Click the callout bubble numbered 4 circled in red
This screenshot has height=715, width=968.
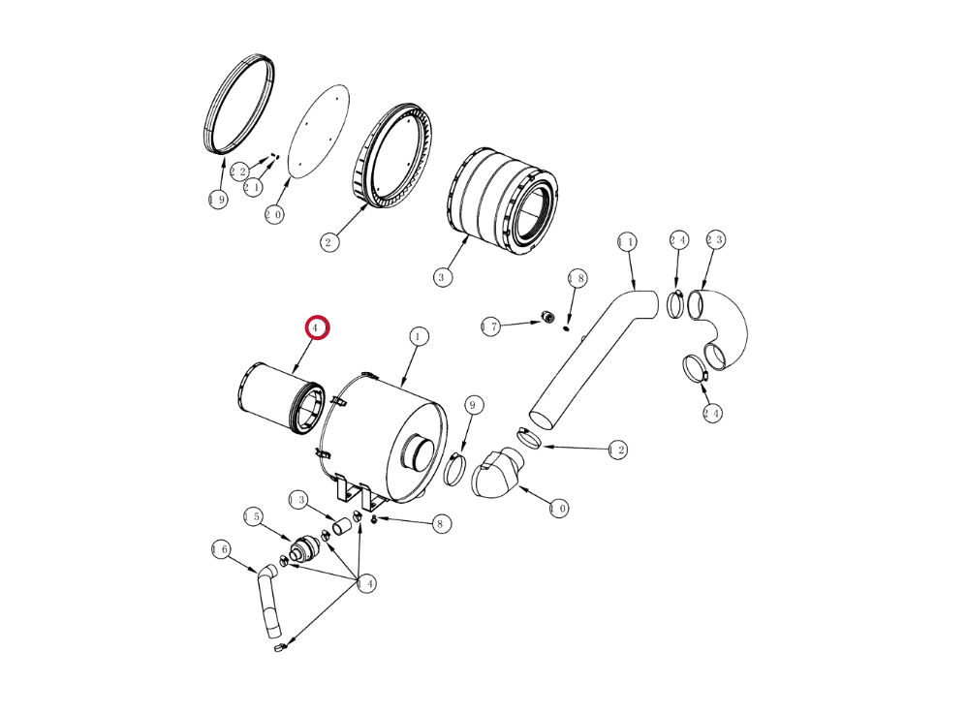pyautogui.click(x=317, y=327)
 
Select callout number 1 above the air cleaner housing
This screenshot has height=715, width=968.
pyautogui.click(x=418, y=336)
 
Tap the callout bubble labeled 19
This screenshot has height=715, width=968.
pyautogui.click(x=217, y=200)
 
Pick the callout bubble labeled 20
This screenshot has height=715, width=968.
pyautogui.click(x=274, y=215)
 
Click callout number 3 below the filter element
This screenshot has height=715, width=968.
pyautogui.click(x=441, y=277)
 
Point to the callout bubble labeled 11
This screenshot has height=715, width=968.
pyautogui.click(x=627, y=242)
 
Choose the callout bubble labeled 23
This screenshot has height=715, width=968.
pyautogui.click(x=715, y=239)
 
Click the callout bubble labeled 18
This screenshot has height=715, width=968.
pyautogui.click(x=578, y=278)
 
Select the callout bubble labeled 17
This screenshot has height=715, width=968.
pyautogui.click(x=491, y=326)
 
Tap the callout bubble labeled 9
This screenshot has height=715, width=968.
pyautogui.click(x=473, y=405)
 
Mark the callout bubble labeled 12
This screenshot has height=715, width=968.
pyautogui.click(x=617, y=450)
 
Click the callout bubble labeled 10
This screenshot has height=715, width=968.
pyautogui.click(x=559, y=509)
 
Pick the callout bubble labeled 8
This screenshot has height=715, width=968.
pyautogui.click(x=440, y=524)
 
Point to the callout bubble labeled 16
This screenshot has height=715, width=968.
pyautogui.click(x=221, y=549)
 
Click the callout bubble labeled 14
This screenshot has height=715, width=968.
pyautogui.click(x=366, y=583)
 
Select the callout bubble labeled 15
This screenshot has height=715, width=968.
pyautogui.click(x=253, y=516)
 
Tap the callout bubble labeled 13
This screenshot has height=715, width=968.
pyautogui.click(x=298, y=500)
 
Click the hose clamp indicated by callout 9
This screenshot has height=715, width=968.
pyautogui.click(x=455, y=469)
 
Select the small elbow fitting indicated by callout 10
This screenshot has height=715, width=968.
pyautogui.click(x=497, y=473)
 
